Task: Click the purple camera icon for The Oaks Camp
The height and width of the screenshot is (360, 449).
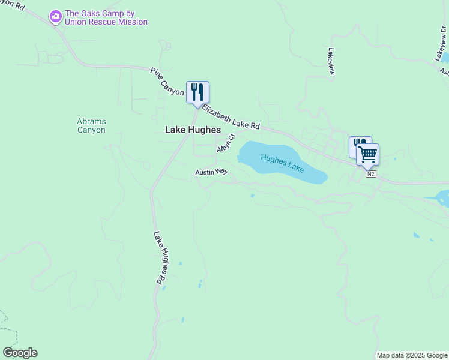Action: coord(56,16)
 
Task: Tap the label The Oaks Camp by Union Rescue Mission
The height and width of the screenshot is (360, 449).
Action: coord(106,18)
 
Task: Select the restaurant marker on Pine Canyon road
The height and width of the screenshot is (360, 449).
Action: coord(197,92)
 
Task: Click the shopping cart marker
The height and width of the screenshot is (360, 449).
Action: coord(367,155)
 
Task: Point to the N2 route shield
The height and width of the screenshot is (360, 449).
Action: coord(371,174)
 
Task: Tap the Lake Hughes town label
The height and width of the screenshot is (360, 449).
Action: coord(193,130)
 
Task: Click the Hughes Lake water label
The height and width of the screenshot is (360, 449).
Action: coord(282,162)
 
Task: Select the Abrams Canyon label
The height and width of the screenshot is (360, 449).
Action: coord(91,125)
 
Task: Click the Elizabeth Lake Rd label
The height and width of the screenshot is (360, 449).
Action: coord(231,117)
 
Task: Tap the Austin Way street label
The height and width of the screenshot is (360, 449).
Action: coord(211,172)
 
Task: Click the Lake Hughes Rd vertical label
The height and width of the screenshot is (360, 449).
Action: coord(158,258)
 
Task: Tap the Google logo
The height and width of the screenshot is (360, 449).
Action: coord(20,353)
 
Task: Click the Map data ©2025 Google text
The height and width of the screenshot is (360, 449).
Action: coord(412,355)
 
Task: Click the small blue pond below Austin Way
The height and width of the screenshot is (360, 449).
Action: coord(252,196)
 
